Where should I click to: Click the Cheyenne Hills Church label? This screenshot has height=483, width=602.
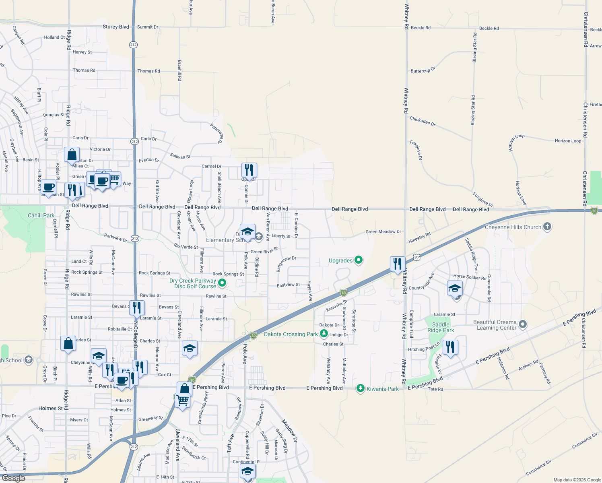pyautogui.click(x=513, y=227)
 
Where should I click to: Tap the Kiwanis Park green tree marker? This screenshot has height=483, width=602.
pyautogui.click(x=361, y=388)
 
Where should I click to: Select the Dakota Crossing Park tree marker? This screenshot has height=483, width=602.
pyautogui.click(x=324, y=334)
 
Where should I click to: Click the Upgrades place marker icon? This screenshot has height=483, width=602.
pyautogui.click(x=358, y=260)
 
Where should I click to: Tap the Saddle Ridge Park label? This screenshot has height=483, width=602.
pyautogui.click(x=441, y=327)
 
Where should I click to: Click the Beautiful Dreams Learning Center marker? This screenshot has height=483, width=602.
pyautogui.click(x=523, y=324)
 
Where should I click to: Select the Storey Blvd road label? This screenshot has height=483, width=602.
pyautogui.click(x=116, y=27)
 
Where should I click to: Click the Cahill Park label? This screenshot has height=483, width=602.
pyautogui.click(x=41, y=215)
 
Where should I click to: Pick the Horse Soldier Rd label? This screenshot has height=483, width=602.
pyautogui.click(x=470, y=277)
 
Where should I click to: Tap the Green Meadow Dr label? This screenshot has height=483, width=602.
pyautogui.click(x=383, y=231)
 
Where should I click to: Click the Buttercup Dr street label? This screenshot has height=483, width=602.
pyautogui.click(x=423, y=70)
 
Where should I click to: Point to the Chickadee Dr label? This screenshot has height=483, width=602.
pyautogui.click(x=423, y=121)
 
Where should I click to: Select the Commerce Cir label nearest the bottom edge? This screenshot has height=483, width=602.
pyautogui.click(x=539, y=467)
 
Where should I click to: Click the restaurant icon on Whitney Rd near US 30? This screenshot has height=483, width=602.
pyautogui.click(x=398, y=264)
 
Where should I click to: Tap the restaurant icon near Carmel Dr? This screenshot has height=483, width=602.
pyautogui.click(x=249, y=170)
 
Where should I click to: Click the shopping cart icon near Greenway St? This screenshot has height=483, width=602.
pyautogui.click(x=182, y=400)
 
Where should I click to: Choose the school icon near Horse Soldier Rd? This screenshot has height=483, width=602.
pyautogui.click(x=455, y=288)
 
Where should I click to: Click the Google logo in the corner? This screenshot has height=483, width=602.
pyautogui.click(x=13, y=478)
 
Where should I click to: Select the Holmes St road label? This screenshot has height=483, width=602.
pyautogui.click(x=121, y=410)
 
